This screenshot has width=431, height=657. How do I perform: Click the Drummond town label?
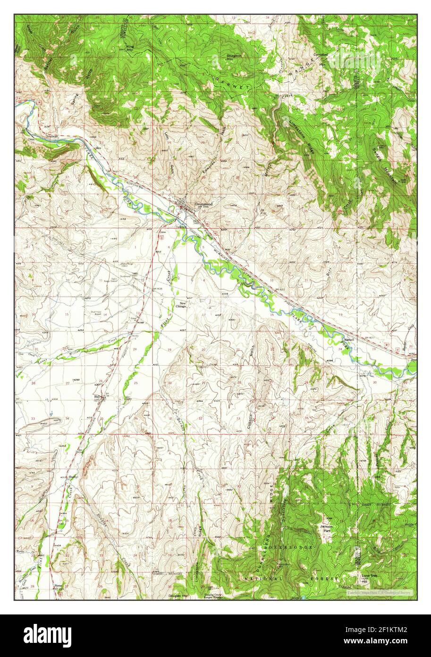click(204, 204)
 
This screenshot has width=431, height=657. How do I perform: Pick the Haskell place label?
click(348, 339)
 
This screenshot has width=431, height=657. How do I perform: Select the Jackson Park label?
click(326, 528)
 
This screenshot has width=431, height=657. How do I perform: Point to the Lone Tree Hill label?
click(368, 577)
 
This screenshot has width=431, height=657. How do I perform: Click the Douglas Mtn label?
click(179, 596)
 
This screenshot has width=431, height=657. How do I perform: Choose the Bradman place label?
click(52, 136)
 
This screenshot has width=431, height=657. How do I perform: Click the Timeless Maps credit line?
click(380, 592)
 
